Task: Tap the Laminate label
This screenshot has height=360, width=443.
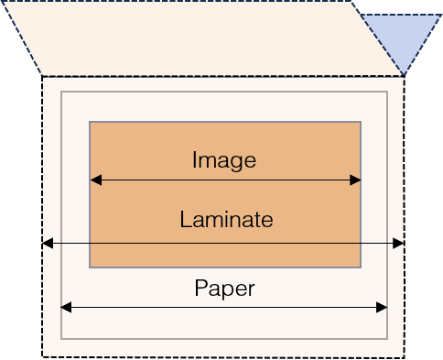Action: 226,219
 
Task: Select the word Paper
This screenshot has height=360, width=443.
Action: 224,289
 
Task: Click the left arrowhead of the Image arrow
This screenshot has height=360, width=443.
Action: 96,180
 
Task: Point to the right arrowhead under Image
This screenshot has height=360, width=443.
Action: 355,180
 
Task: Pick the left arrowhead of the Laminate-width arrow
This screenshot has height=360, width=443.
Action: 48,244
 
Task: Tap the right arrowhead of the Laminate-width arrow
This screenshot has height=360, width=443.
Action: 398,244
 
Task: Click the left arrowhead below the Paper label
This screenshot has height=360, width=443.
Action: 66,308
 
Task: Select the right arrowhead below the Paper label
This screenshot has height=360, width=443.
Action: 382,308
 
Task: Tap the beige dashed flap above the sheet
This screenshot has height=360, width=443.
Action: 201,38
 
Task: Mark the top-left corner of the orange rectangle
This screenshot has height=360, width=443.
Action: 90,122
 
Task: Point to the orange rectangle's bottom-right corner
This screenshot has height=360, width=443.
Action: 361,267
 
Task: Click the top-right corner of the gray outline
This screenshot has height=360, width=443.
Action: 387,92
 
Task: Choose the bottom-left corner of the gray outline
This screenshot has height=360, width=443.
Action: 61,339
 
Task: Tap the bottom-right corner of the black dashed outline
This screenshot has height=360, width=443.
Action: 405,357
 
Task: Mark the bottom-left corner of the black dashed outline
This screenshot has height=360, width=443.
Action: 42,356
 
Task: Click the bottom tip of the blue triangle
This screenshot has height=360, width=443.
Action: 404,75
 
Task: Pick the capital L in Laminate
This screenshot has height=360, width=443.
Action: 185,219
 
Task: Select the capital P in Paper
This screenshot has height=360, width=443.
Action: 201,288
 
